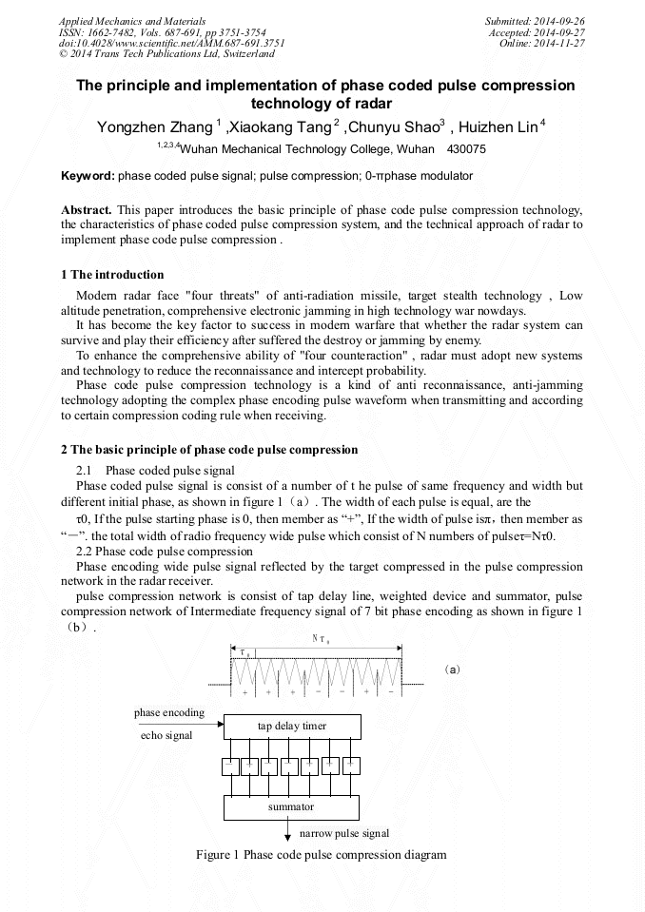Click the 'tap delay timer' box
click(291, 727)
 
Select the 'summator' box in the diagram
click(291, 807)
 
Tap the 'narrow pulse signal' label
click(338, 833)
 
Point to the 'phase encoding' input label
click(168, 712)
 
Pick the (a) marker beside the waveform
click(453, 669)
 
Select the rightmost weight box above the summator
click(351, 765)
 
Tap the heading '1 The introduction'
click(112, 275)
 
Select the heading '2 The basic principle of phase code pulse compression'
click(209, 449)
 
